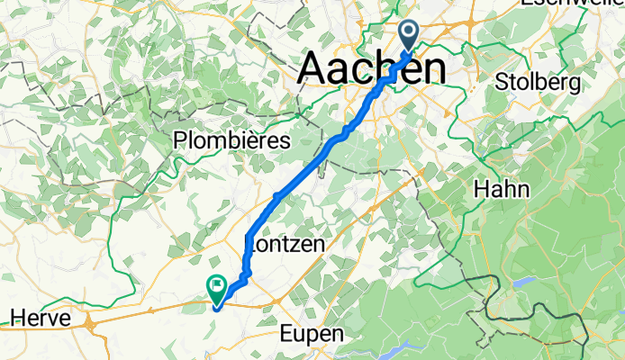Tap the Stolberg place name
point(538,83)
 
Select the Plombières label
point(232,142)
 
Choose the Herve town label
point(36,317)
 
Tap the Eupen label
point(311,334)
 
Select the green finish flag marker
point(217,287)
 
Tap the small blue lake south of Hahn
point(521,281)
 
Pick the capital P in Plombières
point(180,142)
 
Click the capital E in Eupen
point(285,334)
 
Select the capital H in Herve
point(14,317)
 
